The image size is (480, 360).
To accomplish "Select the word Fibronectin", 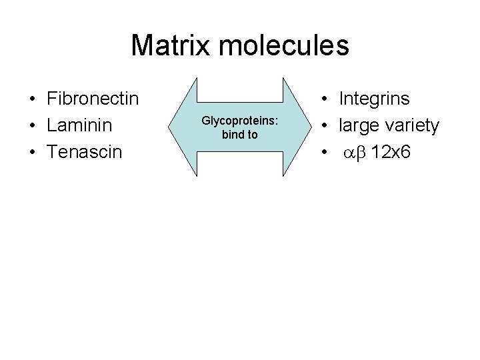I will click(x=93, y=99).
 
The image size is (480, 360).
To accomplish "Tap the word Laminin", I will click(x=80, y=125).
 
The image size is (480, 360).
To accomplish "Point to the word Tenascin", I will click(x=85, y=152).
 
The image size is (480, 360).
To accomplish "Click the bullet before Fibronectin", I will click(x=32, y=100).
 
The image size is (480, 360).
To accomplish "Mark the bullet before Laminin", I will click(x=32, y=126).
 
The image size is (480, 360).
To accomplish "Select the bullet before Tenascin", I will click(x=32, y=153).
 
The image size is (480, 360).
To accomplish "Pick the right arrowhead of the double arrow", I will click(x=298, y=127).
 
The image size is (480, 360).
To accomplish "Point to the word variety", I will click(x=413, y=125).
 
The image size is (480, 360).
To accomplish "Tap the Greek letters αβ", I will click(x=355, y=153).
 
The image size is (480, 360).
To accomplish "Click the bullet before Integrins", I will click(x=324, y=100).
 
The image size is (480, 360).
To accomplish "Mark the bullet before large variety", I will click(x=324, y=126).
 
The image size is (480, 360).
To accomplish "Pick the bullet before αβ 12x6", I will click(x=324, y=153).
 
